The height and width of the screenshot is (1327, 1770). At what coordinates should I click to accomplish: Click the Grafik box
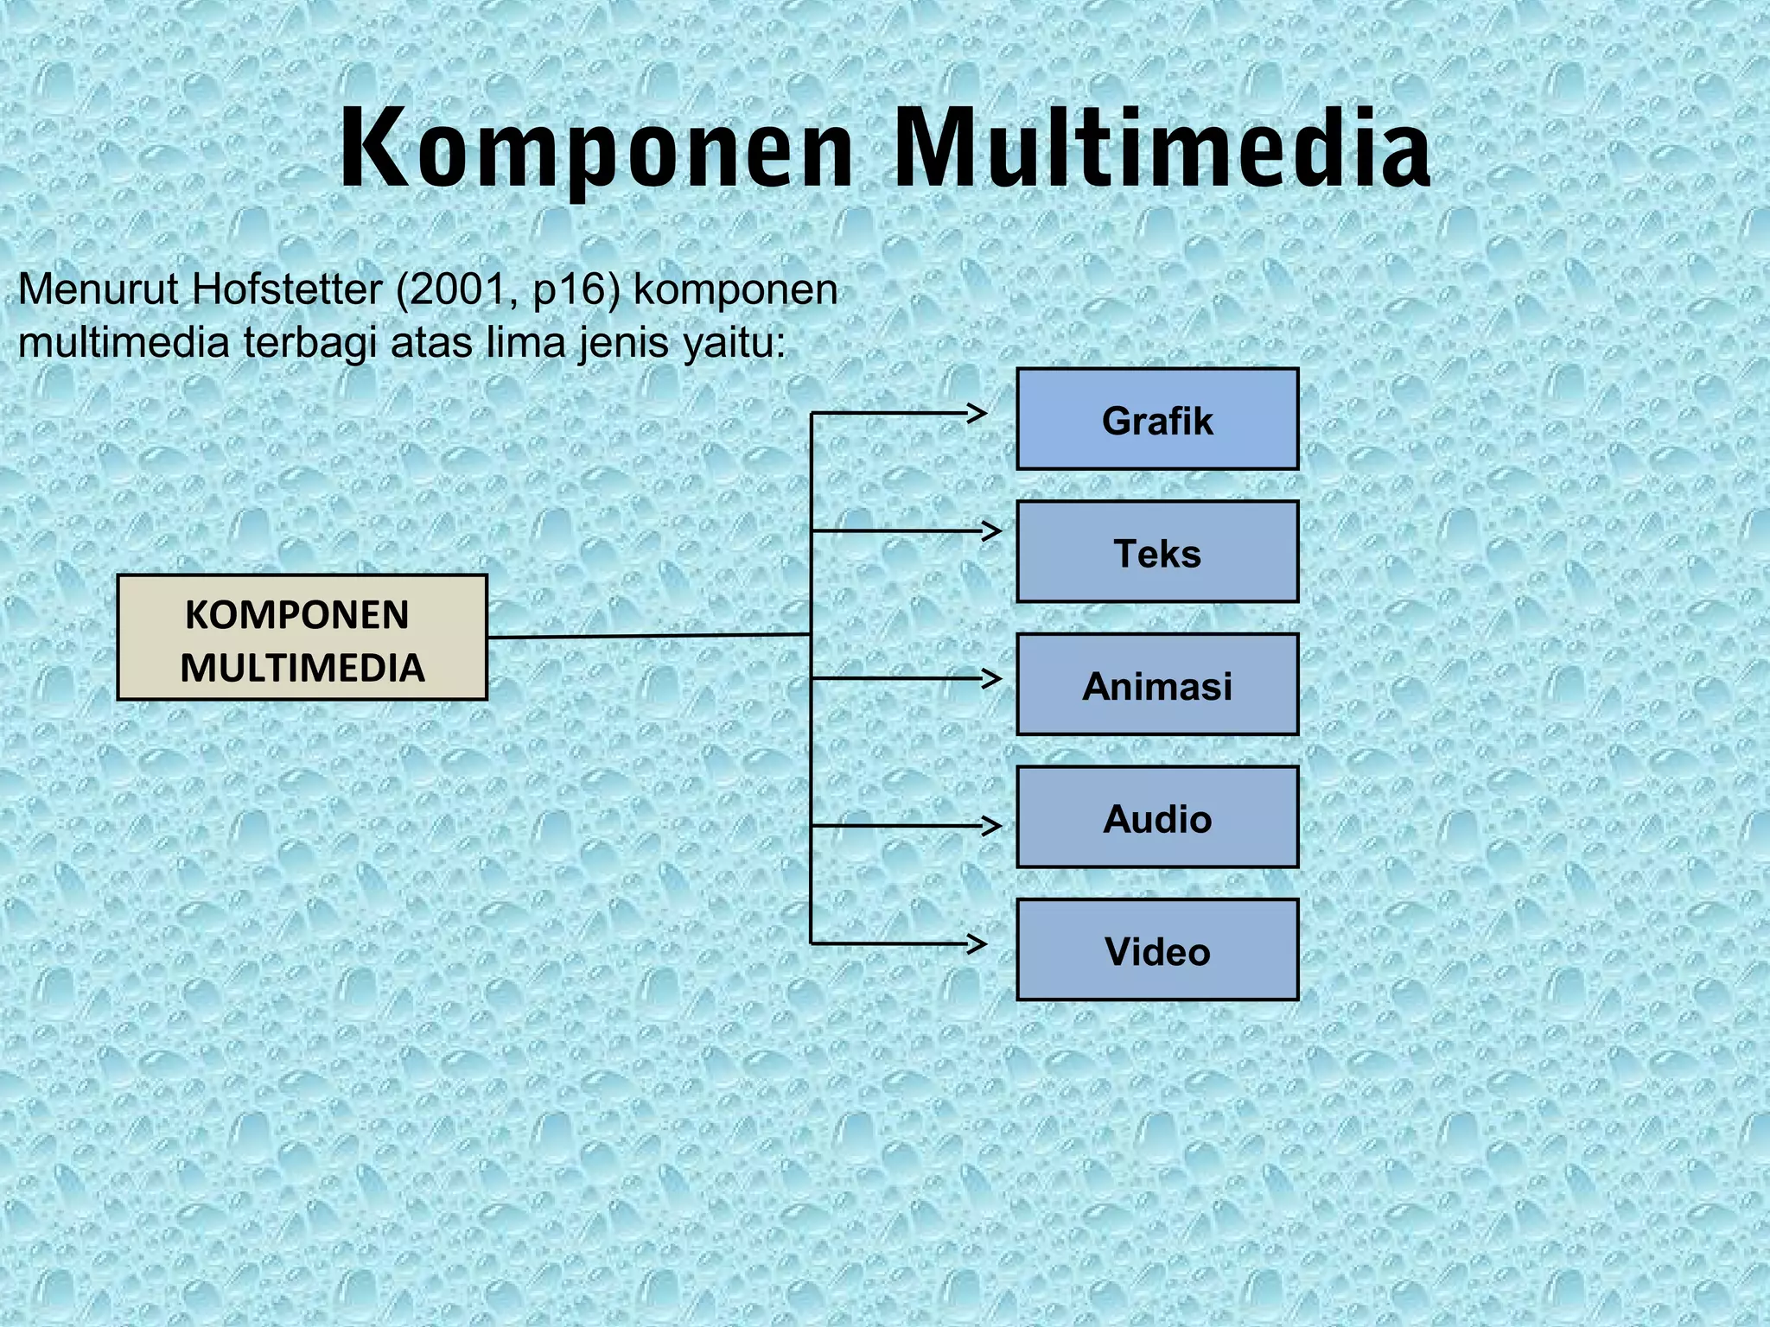tap(1157, 420)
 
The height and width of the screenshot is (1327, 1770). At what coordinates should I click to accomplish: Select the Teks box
tap(1157, 552)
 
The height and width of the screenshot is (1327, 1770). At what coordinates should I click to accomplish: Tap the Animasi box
tap(1157, 685)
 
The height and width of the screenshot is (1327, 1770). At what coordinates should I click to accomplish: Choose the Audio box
tap(1157, 817)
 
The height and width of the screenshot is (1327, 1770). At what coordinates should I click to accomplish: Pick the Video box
tap(1157, 950)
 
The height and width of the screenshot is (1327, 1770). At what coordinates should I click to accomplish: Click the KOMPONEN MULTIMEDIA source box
tap(302, 638)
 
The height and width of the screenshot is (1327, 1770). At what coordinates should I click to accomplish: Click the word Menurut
tap(99, 289)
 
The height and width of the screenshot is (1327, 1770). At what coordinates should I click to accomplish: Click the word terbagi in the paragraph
tap(310, 345)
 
